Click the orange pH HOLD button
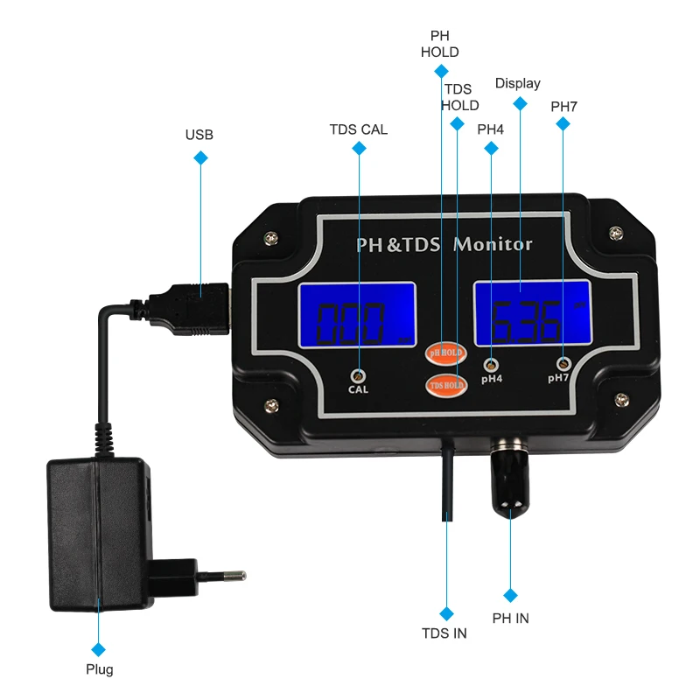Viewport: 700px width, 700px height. tap(444, 353)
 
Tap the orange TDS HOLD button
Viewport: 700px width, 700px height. tap(444, 384)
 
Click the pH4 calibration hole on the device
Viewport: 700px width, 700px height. tap(491, 363)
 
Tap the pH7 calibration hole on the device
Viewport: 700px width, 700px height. tap(563, 362)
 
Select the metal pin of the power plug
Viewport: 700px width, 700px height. tap(230, 576)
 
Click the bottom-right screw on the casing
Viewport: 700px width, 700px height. tap(620, 401)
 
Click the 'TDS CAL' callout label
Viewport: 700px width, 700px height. tap(358, 129)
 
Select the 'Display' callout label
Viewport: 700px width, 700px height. tap(518, 84)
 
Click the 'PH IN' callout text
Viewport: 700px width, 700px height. tap(511, 618)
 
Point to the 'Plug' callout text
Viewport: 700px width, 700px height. tap(99, 670)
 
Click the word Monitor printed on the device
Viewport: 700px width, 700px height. tap(493, 245)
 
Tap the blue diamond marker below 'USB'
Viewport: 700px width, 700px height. tap(200, 158)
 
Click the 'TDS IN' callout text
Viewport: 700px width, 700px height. tap(444, 633)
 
